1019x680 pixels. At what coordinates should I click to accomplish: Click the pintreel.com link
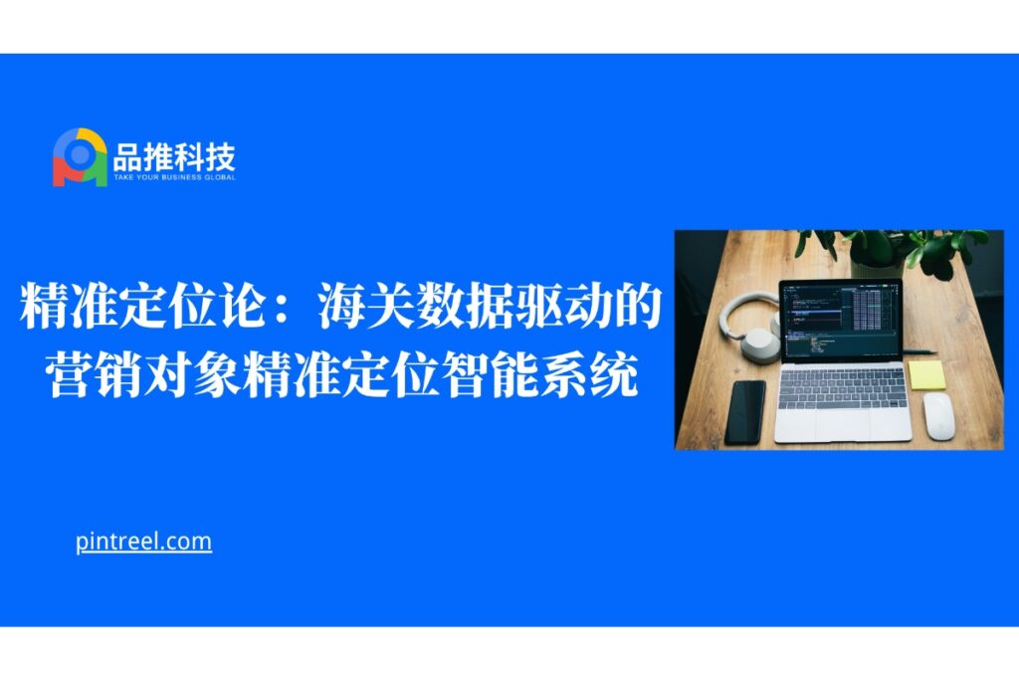coord(143,542)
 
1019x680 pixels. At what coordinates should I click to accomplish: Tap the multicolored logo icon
coord(80,157)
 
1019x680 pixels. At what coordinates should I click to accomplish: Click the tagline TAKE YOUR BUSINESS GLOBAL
coord(174,177)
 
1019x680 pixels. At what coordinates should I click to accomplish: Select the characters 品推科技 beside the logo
coord(174,156)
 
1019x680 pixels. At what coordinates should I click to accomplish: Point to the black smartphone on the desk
coord(744,412)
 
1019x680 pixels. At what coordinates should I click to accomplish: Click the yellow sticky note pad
coord(926,375)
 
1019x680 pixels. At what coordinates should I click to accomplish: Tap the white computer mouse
coord(938,415)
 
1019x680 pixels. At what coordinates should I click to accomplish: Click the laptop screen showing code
coord(840,320)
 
